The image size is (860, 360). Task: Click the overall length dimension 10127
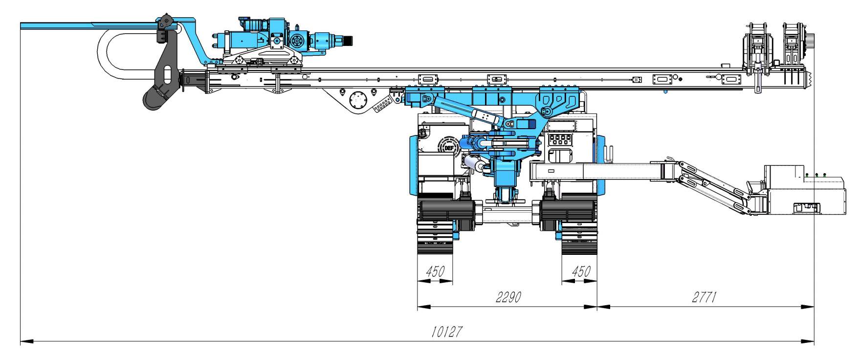tap(446, 332)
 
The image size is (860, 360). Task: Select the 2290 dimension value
tap(508, 297)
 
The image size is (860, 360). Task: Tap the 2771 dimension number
tap(704, 297)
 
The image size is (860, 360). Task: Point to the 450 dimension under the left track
tap(435, 271)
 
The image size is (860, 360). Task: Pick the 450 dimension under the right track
tap(581, 271)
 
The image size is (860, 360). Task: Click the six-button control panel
tap(560, 139)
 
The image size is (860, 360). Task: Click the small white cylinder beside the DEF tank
tap(472, 163)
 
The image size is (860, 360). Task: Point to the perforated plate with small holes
tap(382, 105)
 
